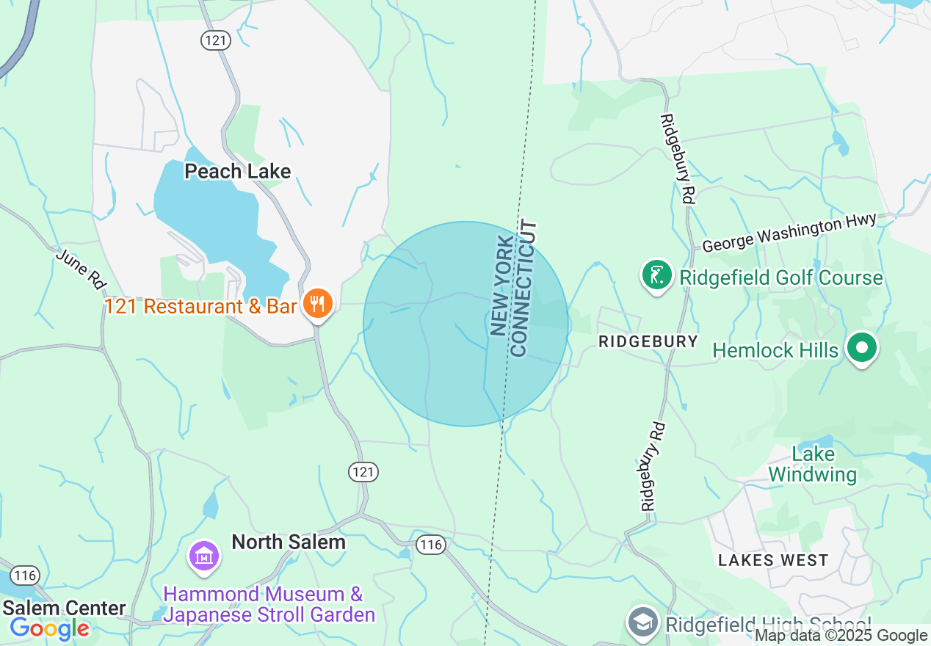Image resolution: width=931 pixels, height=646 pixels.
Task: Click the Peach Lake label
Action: [237, 172]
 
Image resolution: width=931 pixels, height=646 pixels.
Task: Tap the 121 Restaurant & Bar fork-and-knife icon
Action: [317, 303]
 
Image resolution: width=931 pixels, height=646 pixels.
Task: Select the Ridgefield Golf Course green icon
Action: [657, 276]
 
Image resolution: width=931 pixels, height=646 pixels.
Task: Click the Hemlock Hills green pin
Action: [863, 347]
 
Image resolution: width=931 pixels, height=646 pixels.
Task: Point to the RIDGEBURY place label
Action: [648, 341]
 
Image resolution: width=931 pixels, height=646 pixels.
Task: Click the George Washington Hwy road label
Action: [789, 233]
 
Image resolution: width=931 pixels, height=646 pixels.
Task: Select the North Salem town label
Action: [289, 542]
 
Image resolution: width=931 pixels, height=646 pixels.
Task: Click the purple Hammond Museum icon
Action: [203, 556]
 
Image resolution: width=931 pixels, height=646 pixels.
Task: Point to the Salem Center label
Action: [64, 608]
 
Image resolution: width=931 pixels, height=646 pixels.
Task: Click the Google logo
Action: [49, 629]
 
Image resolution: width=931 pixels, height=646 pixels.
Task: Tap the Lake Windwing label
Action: [813, 465]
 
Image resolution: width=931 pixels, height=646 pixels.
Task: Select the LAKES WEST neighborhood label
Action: [773, 561]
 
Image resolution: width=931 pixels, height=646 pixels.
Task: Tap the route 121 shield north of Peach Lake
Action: [216, 41]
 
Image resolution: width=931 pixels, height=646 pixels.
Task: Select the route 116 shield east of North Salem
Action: [430, 544]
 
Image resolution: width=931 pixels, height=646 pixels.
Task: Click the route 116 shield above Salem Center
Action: [26, 575]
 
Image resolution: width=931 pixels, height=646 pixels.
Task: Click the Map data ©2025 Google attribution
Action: [841, 636]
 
